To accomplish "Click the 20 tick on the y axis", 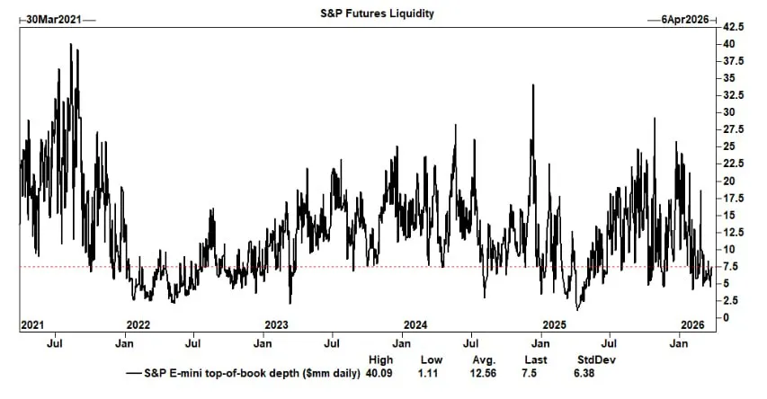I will (x=729, y=181).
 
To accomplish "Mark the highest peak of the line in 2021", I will (x=71, y=44).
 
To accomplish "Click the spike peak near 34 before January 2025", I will (x=533, y=85).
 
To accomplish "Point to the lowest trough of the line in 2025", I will (x=578, y=309).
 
